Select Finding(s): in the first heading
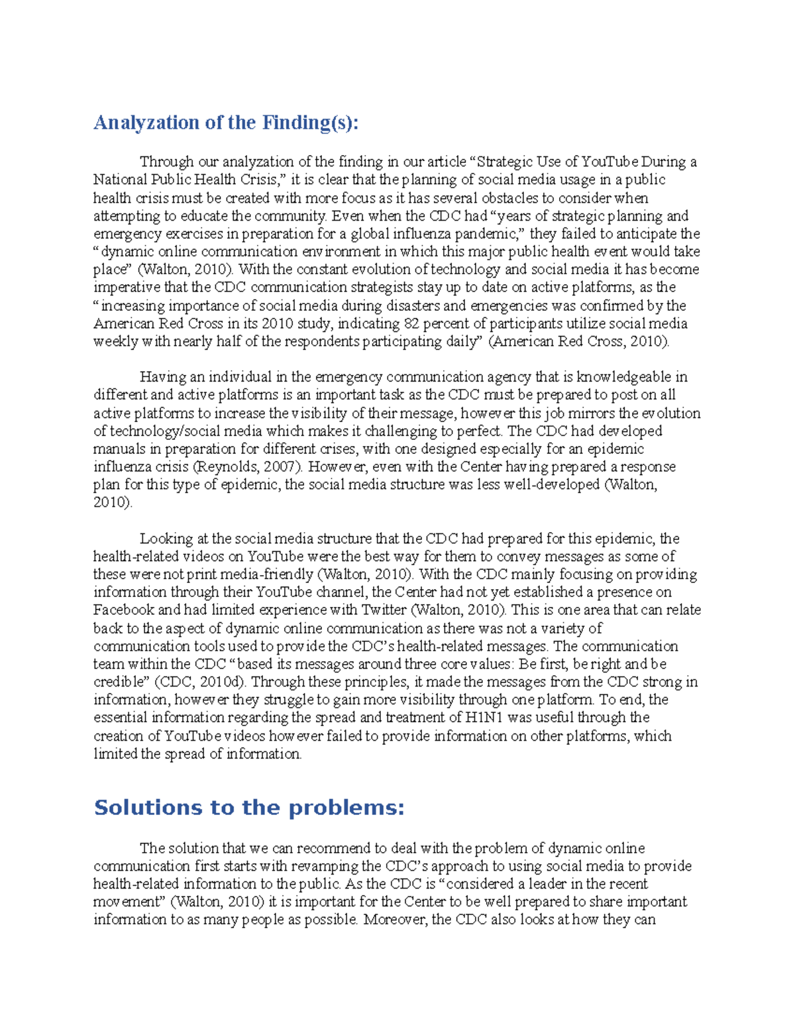click(310, 123)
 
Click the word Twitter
click(384, 610)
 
